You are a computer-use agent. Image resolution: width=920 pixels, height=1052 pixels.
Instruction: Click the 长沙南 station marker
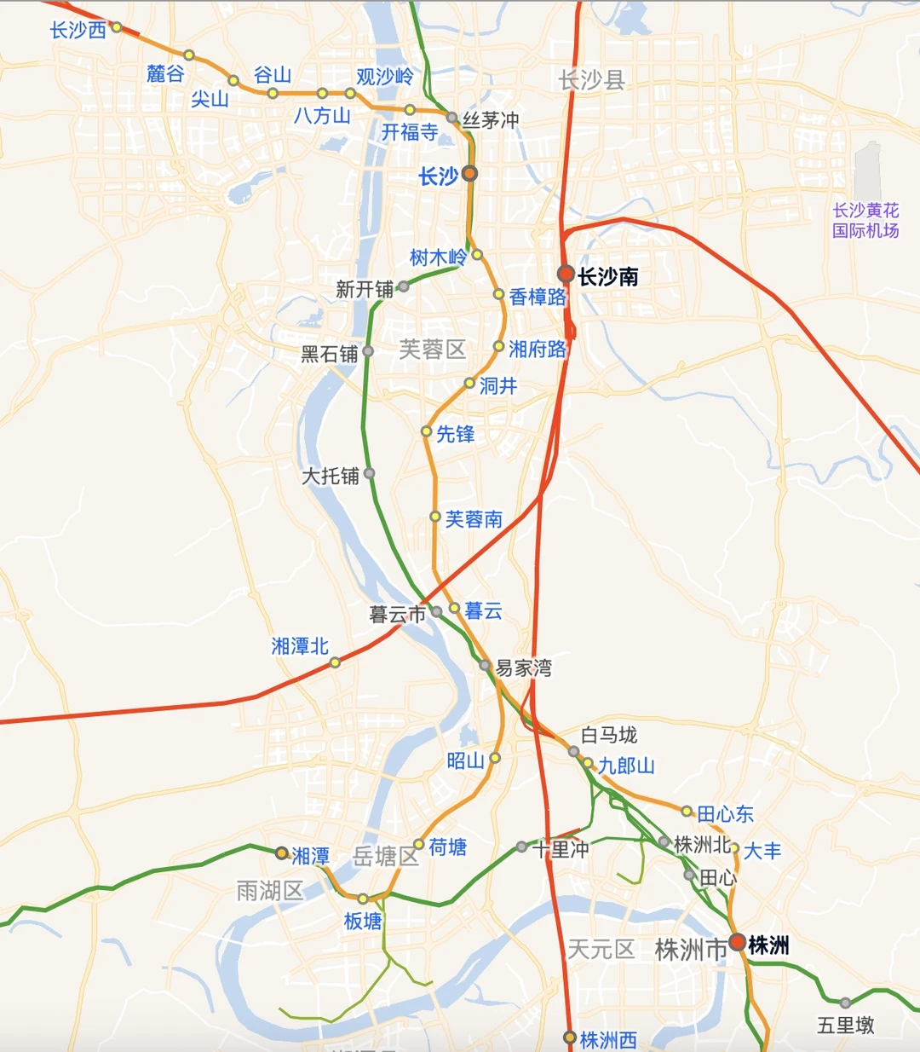(x=566, y=274)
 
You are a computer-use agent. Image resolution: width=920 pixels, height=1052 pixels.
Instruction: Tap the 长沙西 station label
(x=78, y=30)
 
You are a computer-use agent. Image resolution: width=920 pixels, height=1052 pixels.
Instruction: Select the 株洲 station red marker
(x=738, y=943)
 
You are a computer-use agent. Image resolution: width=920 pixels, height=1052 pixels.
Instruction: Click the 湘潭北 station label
(x=300, y=646)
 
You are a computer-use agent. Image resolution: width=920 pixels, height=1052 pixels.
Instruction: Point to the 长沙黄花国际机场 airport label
(x=865, y=220)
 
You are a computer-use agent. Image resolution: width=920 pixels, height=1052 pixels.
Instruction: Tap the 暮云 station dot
(x=455, y=609)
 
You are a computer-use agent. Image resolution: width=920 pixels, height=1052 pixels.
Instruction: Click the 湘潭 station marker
(x=282, y=853)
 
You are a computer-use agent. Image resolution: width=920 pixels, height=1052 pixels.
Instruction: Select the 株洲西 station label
(x=608, y=1040)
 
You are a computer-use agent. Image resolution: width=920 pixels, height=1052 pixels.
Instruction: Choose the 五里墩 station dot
(x=845, y=1003)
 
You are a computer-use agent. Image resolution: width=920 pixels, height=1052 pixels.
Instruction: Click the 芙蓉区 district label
(x=433, y=349)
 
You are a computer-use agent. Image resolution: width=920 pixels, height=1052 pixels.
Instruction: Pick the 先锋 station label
(x=455, y=434)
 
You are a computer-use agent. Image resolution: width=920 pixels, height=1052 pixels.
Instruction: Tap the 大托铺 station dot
(x=369, y=473)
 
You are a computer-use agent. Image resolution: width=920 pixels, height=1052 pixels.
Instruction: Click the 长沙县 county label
(x=592, y=80)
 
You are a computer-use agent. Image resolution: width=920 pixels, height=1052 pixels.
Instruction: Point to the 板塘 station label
(x=363, y=921)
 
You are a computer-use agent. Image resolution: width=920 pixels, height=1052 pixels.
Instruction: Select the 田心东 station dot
(x=687, y=811)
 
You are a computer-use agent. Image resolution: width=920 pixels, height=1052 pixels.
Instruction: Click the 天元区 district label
(x=601, y=949)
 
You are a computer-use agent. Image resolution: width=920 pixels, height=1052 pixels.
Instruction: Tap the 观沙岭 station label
(x=385, y=77)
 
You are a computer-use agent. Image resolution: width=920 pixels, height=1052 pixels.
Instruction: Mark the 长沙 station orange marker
(x=469, y=174)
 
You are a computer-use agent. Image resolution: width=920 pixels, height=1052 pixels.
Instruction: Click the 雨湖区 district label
(x=270, y=891)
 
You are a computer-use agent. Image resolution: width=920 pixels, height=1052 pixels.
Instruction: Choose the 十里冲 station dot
(x=521, y=847)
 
